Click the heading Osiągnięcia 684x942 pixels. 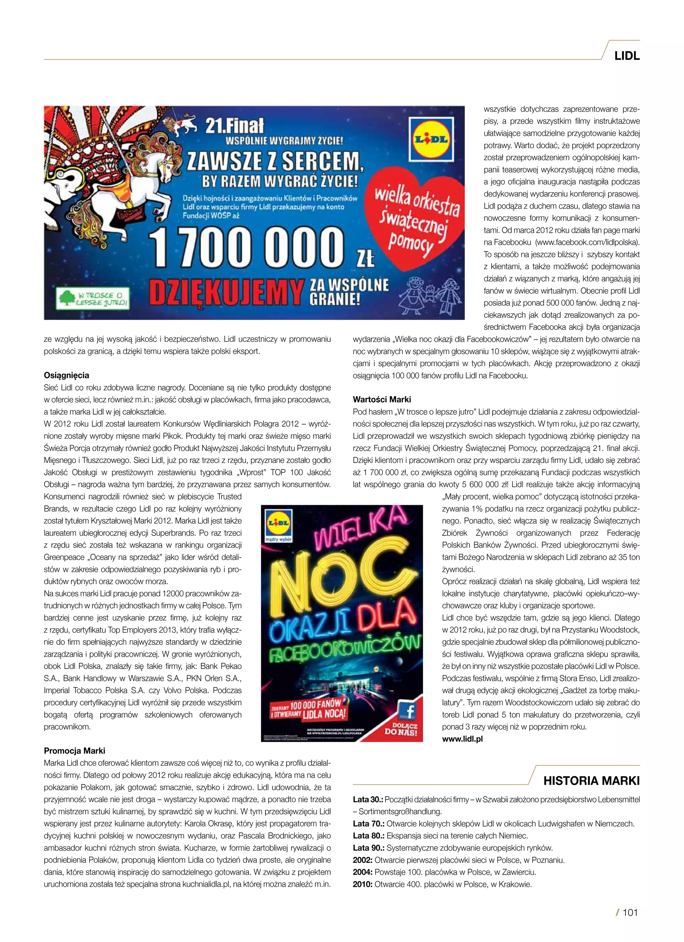66,376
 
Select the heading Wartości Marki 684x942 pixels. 381,400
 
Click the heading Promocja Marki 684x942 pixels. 74,750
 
